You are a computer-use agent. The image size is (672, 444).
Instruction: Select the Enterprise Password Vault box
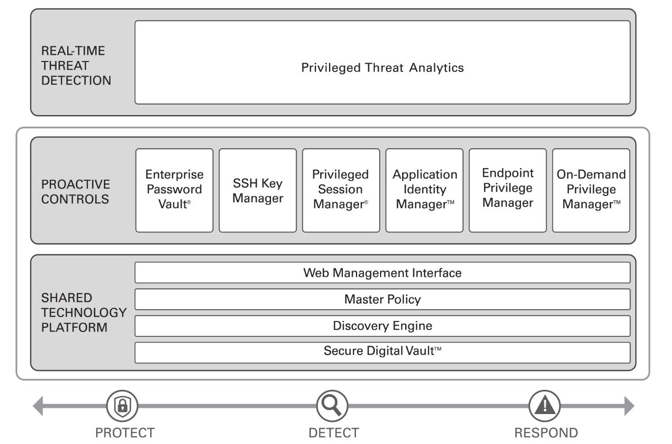pyautogui.click(x=174, y=190)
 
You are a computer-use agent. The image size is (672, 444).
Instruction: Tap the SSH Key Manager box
pyautogui.click(x=258, y=190)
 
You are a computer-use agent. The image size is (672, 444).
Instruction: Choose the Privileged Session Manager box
pyautogui.click(x=341, y=190)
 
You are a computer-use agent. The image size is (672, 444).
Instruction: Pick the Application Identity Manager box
pyautogui.click(x=424, y=190)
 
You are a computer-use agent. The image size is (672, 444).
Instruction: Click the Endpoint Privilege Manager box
pyautogui.click(x=508, y=190)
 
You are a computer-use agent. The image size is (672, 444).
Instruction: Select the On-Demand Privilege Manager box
pyautogui.click(x=591, y=190)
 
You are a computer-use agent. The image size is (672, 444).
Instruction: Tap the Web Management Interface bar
pyautogui.click(x=382, y=273)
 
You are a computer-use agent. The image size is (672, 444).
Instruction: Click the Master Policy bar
pyautogui.click(x=382, y=300)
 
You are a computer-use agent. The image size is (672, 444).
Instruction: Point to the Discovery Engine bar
pyautogui.click(x=382, y=326)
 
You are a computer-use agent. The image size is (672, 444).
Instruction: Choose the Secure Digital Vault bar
pyautogui.click(x=382, y=352)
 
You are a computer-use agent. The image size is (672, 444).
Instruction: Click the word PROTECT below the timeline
pyautogui.click(x=124, y=433)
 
